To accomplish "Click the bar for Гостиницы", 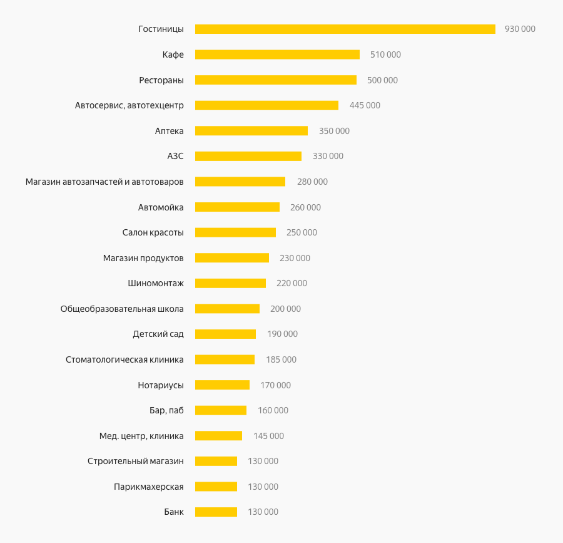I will tap(345, 29).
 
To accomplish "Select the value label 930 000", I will tap(520, 29).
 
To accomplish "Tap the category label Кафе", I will tap(173, 54).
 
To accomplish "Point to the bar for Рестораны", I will tap(276, 80).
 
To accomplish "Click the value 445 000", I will tap(365, 105).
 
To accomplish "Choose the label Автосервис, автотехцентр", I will tap(129, 105).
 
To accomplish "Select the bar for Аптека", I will tap(251, 131).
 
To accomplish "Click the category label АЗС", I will tap(175, 156).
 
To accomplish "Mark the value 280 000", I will tap(312, 182).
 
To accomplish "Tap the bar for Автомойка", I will tap(237, 207).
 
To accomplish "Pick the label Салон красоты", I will tap(153, 232).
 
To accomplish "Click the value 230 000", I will tap(295, 258).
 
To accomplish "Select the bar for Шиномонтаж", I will tap(230, 283).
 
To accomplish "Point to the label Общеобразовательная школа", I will tap(122, 309).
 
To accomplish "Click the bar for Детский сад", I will tap(225, 334).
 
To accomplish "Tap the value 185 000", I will tap(281, 359).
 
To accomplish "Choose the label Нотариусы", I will tap(161, 385).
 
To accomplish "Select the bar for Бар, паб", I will tap(221, 410).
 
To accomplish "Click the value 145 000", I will tap(268, 436).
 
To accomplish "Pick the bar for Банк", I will tap(216, 512).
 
